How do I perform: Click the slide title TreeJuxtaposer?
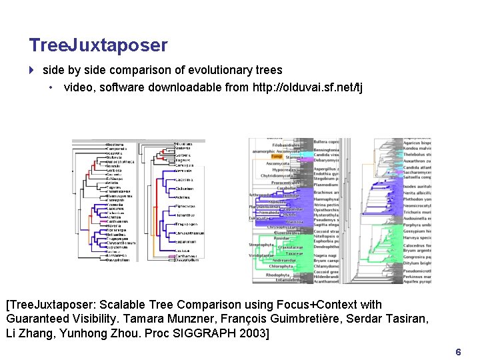coord(98,45)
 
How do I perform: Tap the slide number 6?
coord(457,351)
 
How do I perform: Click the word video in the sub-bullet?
coord(78,87)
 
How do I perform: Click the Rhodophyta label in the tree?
coord(278,275)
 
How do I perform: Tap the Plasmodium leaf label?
coord(327,185)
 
